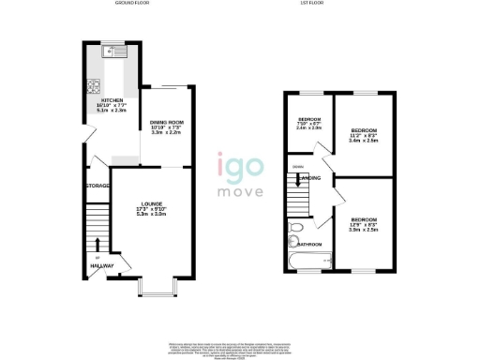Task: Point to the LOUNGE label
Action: coord(152,203)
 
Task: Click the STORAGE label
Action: coord(98,186)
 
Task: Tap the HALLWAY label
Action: coord(101,266)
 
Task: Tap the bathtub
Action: coord(304,259)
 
